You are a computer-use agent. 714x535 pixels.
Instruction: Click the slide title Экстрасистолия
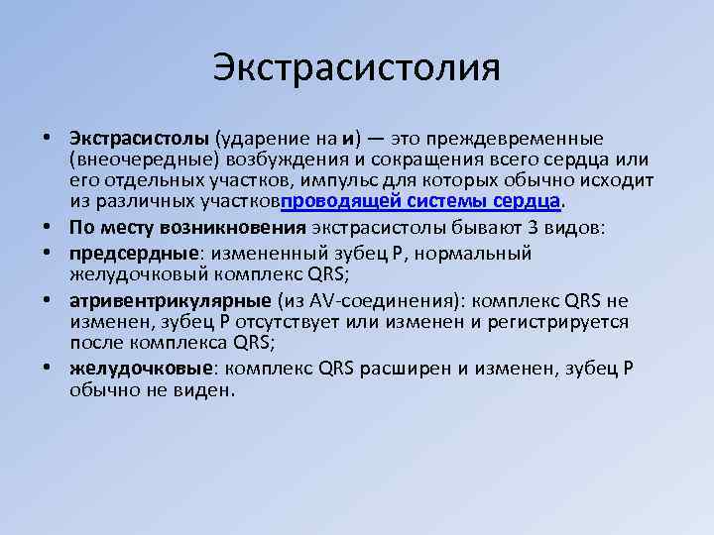(x=356, y=68)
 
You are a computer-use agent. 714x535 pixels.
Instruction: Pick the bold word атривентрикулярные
(x=164, y=300)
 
